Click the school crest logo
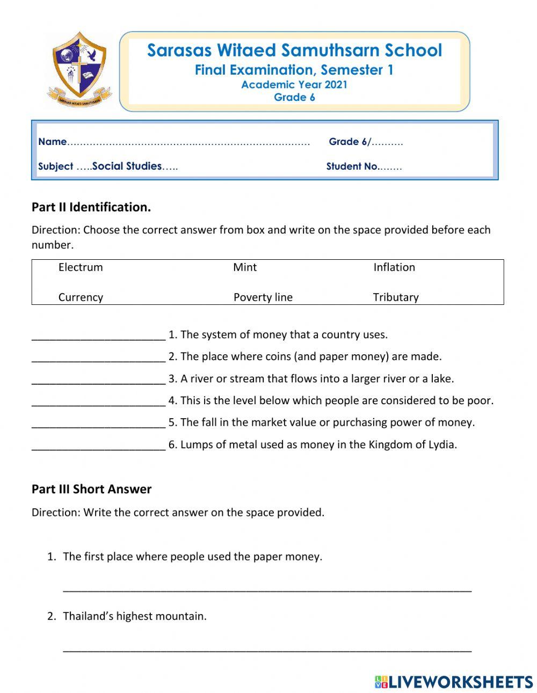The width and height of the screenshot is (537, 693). (x=79, y=69)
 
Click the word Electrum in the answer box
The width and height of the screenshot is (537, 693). (x=81, y=267)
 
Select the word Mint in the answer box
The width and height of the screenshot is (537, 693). (x=245, y=267)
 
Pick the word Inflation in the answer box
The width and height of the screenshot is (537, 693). (x=394, y=267)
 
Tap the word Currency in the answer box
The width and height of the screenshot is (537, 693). (x=81, y=297)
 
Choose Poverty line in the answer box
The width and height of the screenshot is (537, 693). (x=263, y=297)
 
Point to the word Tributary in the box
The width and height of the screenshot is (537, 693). (x=396, y=297)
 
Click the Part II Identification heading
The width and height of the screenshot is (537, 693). (x=91, y=207)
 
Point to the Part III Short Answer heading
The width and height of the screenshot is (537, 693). (x=91, y=489)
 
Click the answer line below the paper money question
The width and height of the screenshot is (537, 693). (x=267, y=589)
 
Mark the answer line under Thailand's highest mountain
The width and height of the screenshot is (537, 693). (x=267, y=649)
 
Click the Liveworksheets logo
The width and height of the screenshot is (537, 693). (x=454, y=682)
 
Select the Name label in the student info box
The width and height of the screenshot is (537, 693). (x=52, y=142)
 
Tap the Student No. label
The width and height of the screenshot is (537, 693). (x=352, y=166)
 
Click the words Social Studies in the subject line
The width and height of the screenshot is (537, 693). (x=127, y=166)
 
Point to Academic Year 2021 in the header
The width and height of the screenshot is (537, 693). (x=294, y=84)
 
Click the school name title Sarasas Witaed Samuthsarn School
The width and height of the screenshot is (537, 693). (x=294, y=50)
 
